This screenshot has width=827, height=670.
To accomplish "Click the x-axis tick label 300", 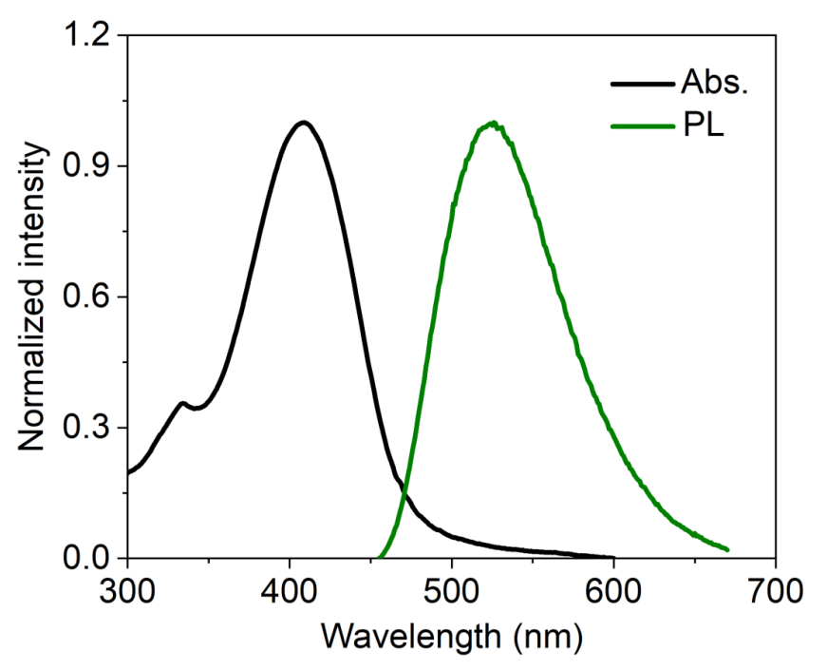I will pos(126,588).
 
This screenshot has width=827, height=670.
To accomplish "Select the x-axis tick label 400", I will pos(289,588).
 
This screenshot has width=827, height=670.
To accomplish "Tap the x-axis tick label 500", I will pos(451,588).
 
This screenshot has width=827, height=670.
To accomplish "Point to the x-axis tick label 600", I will pos(613,588).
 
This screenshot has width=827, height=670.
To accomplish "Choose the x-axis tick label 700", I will pos(776,588).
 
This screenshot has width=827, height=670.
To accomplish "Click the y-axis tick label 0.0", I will pos(88,559).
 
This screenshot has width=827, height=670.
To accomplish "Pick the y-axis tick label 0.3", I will pos(88,428).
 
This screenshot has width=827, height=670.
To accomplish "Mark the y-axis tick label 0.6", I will pos(88,297).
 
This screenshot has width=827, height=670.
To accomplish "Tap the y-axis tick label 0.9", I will pos(88,166).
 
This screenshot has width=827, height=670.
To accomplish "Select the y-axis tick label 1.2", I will pos(88,36).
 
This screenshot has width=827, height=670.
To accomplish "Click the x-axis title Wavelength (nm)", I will pos(451,632).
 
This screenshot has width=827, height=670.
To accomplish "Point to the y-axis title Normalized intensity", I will pos(34,297).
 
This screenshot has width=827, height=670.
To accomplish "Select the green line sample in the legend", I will pos(641,125).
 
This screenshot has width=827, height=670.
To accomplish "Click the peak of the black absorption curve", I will pos(303,122).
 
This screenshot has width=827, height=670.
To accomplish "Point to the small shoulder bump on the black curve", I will pos(182,403).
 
